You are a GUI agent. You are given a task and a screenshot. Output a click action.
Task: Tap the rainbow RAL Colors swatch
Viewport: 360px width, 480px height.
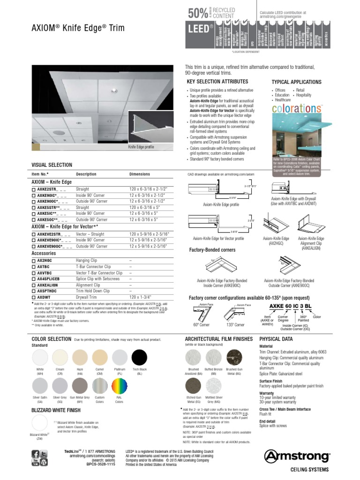click(119, 387)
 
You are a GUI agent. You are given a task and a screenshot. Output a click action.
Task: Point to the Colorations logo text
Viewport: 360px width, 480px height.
click(297, 108)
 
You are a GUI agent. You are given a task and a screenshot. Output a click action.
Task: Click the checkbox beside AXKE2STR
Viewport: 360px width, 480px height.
click(33, 188)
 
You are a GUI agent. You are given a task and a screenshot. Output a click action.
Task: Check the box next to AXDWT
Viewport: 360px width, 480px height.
click(33, 298)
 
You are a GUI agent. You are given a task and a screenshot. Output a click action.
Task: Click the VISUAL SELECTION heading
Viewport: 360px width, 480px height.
click(52, 165)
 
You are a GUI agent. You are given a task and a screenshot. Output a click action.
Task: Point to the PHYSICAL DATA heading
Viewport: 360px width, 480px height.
click(276, 338)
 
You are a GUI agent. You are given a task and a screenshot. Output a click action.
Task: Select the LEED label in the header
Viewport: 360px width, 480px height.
click(198, 29)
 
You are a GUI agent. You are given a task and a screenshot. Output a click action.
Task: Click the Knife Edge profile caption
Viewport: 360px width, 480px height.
click(141, 147)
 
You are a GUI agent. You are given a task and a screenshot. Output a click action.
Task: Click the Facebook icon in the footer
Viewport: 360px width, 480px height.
click(36, 453)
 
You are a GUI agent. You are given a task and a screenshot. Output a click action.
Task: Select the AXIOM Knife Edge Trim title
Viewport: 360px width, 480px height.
click(78, 28)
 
